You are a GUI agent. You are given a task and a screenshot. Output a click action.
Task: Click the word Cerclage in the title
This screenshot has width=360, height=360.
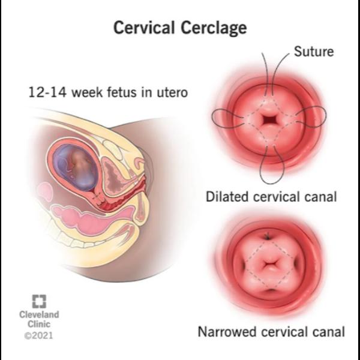coord(214,28)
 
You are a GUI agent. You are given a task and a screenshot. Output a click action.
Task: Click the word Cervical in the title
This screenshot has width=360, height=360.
coord(144,27)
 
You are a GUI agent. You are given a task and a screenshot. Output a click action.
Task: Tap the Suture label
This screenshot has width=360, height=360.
coord(314,52)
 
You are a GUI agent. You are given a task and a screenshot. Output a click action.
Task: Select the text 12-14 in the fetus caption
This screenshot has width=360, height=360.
coord(47,92)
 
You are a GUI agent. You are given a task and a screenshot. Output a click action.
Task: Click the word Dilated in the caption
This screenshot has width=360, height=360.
coord(227,197)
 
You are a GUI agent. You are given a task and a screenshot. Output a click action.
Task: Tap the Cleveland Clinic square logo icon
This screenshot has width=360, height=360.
coord(39,301)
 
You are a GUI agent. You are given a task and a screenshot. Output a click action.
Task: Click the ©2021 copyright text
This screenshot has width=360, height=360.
coord(38,335)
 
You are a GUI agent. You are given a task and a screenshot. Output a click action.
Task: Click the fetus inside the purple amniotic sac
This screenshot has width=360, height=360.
coord(78,166)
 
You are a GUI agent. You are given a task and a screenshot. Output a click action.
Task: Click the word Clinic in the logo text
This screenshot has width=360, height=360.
coord(39,324)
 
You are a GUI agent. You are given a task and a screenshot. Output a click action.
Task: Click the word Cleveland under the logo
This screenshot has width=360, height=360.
coord(39,314)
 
